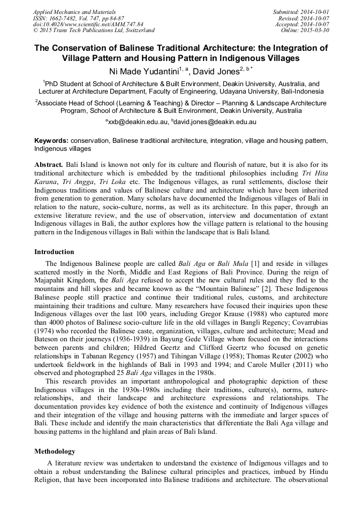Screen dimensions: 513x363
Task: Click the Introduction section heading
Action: pyautogui.click(x=54, y=251)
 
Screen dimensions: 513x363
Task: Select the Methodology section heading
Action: pyautogui.click(x=55, y=451)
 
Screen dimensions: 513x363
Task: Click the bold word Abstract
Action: pyautogui.click(x=49, y=163)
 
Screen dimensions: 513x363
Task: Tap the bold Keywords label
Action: pyautogui.click(x=51, y=140)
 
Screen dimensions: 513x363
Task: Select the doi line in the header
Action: pyautogui.click(x=88, y=24)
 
